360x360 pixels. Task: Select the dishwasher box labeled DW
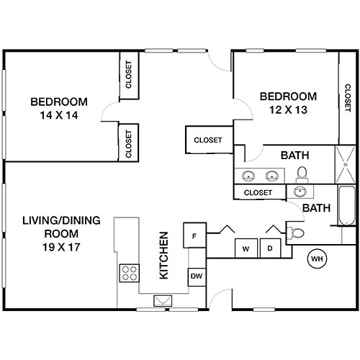[x=195, y=276]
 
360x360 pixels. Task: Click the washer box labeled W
[x=246, y=249]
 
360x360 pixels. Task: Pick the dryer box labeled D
[x=269, y=249]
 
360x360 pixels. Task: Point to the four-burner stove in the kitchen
[x=130, y=273]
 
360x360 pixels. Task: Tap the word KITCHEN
[x=163, y=256]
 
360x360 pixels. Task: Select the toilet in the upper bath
[x=302, y=174]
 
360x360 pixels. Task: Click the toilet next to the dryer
[x=296, y=232]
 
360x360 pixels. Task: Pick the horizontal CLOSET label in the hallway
[x=208, y=140]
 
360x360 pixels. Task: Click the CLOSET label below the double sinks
[x=258, y=192]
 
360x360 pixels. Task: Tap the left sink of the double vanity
[x=250, y=175]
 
